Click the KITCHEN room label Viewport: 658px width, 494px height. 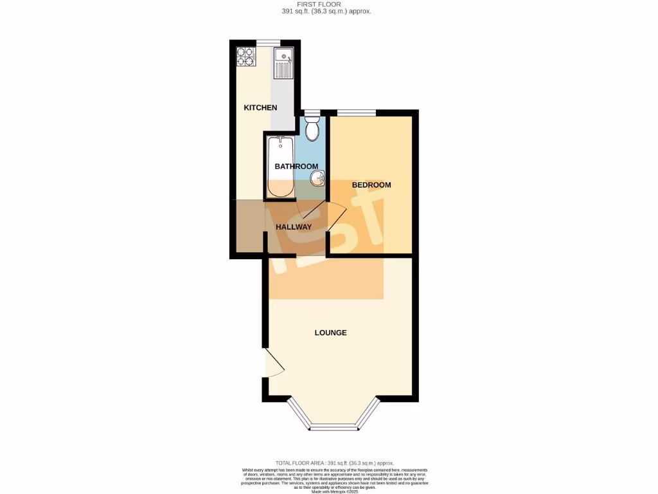click(260, 107)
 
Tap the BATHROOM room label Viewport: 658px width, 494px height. click(296, 167)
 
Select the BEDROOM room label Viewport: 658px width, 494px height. click(371, 185)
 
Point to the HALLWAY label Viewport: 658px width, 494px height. click(294, 227)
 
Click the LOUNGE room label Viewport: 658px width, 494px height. click(330, 333)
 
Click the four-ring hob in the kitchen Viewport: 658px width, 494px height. click(245, 57)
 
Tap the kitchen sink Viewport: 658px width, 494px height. click(283, 63)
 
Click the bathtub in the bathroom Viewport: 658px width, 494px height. click(280, 167)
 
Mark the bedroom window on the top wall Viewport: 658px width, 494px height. click(357, 113)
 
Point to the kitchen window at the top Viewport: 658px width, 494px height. click(265, 43)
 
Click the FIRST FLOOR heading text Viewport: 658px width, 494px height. click(326, 4)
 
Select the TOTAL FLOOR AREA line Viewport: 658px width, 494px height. click(334, 463)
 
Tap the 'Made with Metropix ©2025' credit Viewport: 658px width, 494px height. click(335, 491)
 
